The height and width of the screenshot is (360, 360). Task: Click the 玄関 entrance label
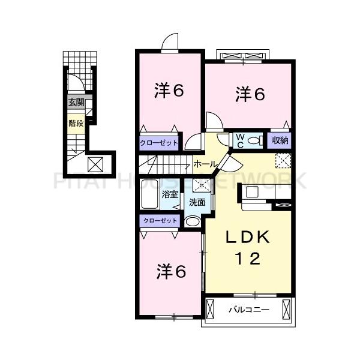click(x=76, y=103)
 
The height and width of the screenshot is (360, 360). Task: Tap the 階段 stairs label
click(x=76, y=124)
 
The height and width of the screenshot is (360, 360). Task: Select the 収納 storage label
click(x=280, y=140)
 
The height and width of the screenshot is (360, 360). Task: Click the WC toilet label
click(x=239, y=140)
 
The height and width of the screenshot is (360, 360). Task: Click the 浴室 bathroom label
click(x=170, y=194)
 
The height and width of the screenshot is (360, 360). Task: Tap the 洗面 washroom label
click(x=197, y=202)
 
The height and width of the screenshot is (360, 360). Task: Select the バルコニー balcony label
click(x=248, y=310)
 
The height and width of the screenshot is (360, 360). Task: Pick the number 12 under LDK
click(x=247, y=259)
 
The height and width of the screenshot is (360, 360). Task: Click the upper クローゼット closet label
click(x=159, y=143)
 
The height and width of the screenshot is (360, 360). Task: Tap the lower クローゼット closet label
click(x=160, y=221)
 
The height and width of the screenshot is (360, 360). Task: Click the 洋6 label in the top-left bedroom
click(x=169, y=91)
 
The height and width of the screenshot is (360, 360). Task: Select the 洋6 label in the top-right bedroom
click(x=249, y=94)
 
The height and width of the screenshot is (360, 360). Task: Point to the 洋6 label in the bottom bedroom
click(x=170, y=271)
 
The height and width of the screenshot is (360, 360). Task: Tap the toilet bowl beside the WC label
click(x=256, y=141)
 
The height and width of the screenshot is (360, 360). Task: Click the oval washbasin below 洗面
click(x=193, y=221)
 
